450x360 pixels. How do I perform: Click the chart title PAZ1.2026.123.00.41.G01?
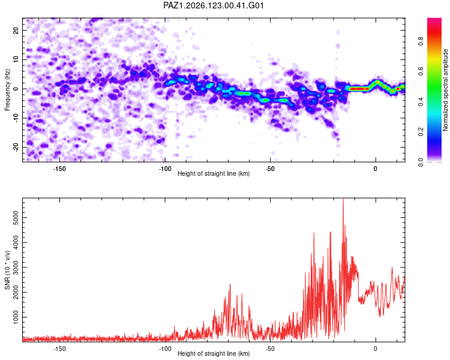pos(214,5)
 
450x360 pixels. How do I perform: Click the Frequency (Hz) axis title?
pos(7,90)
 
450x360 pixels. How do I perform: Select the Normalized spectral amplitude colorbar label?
pos(445,90)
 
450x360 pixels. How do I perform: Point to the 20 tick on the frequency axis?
pos(16,30)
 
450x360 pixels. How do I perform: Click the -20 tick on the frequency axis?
pos(16,147)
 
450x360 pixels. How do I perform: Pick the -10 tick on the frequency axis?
pos(16,118)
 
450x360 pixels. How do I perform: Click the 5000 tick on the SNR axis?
pos(16,218)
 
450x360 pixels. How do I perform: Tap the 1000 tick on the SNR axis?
pos(16,317)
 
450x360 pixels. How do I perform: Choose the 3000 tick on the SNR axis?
pos(16,267)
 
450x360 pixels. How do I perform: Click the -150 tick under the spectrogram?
pos(59,169)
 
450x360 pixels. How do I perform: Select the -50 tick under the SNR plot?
pos(270,349)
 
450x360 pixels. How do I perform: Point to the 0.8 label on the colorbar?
pos(421,41)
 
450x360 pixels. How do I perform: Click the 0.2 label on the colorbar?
pos(421,131)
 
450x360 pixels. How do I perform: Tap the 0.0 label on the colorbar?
pos(421,162)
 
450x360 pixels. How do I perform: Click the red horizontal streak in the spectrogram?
pos(358,89)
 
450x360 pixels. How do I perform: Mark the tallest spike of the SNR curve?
pos(343,199)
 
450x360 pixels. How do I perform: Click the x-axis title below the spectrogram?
pos(214,173)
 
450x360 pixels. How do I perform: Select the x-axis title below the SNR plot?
pos(214,353)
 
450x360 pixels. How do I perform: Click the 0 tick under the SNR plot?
pos(376,349)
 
